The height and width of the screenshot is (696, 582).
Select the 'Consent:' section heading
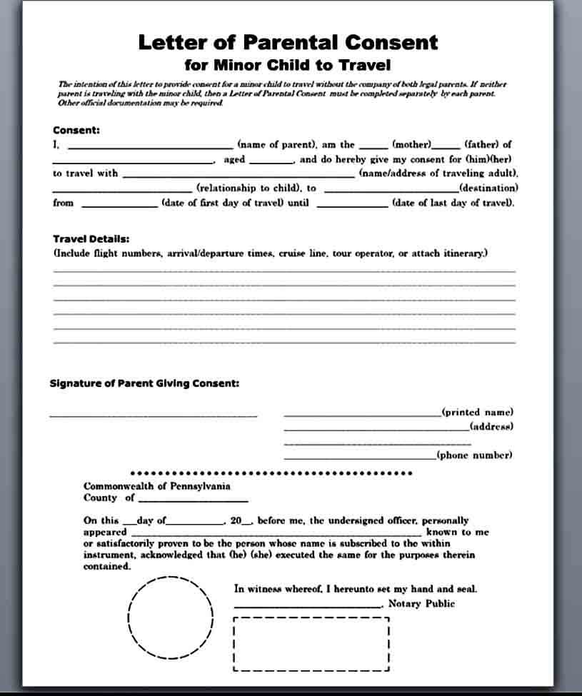point(76,130)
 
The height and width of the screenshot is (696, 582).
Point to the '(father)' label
point(488,144)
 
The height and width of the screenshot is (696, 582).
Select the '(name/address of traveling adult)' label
point(438,173)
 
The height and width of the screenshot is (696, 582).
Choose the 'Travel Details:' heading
point(91,239)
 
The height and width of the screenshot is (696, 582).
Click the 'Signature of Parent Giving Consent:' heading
point(144,383)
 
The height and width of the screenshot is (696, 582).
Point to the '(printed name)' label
point(477,412)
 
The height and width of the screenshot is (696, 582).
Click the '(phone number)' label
point(474,455)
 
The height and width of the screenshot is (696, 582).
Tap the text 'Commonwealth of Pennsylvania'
point(157,486)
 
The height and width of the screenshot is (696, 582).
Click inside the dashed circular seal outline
point(171,617)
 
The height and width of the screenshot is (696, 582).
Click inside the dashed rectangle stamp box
point(311,645)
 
